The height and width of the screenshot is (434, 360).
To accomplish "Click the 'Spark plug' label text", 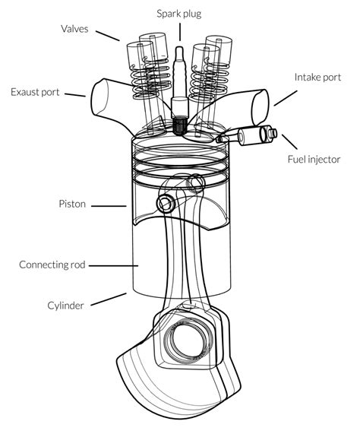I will [x=179, y=13].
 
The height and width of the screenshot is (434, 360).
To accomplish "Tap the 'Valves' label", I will [x=76, y=29].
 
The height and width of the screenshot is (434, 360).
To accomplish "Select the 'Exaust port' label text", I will [x=36, y=93].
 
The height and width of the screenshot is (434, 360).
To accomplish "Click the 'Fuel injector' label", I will [x=314, y=159].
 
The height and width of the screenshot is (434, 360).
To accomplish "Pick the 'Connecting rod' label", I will [x=52, y=265].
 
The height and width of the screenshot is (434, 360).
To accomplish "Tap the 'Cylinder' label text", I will [x=65, y=306].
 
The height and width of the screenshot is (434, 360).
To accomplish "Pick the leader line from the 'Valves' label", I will [x=109, y=34].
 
